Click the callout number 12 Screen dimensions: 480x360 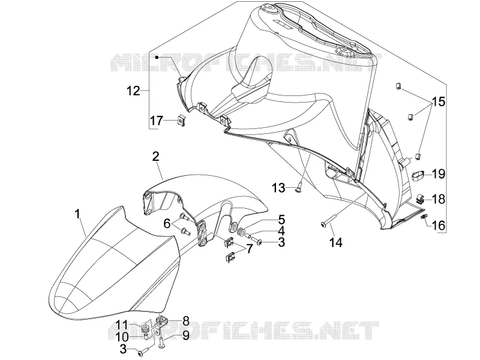133,91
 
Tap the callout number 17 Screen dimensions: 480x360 157,121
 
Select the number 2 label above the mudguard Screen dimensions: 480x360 156,157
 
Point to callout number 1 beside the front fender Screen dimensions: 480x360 78,214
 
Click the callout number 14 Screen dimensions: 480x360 336,243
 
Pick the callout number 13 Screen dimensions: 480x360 278,188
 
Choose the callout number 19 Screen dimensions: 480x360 439,174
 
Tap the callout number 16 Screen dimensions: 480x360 439,226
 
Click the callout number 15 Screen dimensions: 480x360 439,101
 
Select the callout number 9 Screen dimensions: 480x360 186,336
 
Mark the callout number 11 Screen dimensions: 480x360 122,325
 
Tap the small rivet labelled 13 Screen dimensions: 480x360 299,187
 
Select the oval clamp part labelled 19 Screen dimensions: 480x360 418,176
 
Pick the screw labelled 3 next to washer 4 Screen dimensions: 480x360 257,242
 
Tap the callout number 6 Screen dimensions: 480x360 167,224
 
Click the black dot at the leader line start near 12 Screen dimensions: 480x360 157,58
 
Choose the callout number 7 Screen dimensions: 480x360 250,248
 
